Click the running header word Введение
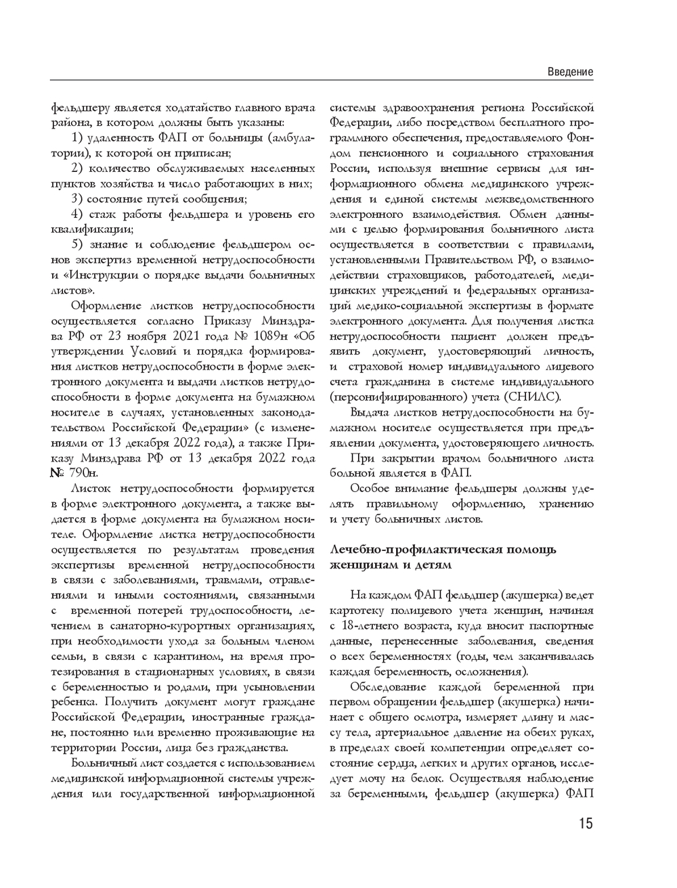pyautogui.click(x=570, y=72)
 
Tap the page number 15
pyautogui.click(x=586, y=823)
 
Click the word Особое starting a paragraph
pyautogui.click(x=372, y=489)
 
